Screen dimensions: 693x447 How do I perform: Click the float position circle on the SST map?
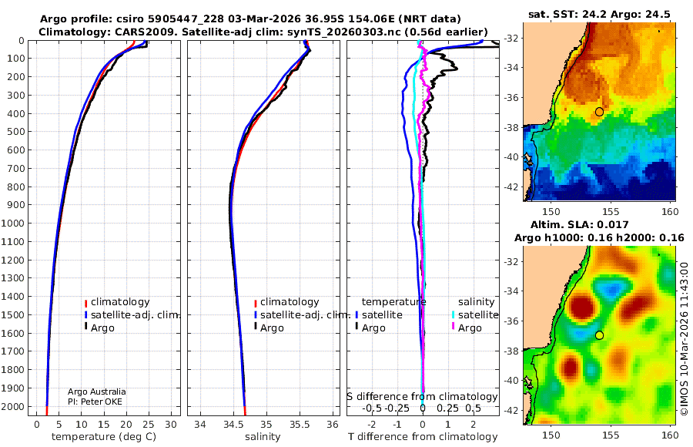(599, 112)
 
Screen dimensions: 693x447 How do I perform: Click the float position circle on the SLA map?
(599, 335)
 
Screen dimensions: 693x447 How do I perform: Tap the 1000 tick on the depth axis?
(12, 223)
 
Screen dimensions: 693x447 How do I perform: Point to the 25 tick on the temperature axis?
(149, 425)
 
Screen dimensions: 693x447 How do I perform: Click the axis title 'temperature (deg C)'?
(104, 437)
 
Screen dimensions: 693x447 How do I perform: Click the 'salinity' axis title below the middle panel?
(263, 437)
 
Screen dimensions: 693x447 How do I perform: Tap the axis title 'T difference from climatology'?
(423, 437)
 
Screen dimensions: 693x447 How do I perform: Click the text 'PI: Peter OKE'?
(95, 402)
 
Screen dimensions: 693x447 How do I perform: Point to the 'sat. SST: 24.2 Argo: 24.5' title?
(599, 14)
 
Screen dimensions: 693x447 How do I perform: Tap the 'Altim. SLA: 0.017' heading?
(579, 224)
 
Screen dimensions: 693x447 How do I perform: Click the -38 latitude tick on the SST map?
(512, 127)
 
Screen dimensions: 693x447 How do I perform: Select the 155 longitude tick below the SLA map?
(611, 435)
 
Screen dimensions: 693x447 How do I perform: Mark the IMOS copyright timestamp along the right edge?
(685, 339)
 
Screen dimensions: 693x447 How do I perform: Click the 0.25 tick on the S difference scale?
(447, 408)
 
